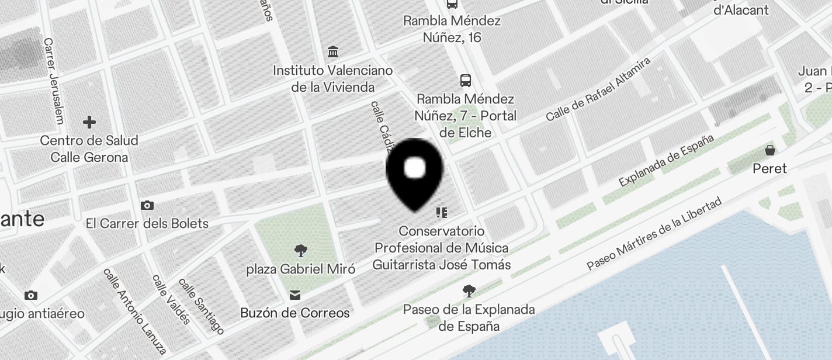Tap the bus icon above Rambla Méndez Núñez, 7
466,80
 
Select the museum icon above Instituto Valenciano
333,52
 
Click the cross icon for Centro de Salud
89,122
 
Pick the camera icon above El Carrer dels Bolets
147,205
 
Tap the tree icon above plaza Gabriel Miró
301,251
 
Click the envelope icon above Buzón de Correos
294,295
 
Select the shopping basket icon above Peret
770,150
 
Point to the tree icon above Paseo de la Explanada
469,290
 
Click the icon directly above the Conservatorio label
442,212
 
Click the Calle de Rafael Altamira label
598,89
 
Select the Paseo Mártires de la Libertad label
654,234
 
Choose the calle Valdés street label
171,299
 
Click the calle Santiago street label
201,306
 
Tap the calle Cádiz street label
380,124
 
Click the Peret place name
769,168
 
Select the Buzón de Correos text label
295,313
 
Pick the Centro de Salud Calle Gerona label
89,148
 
